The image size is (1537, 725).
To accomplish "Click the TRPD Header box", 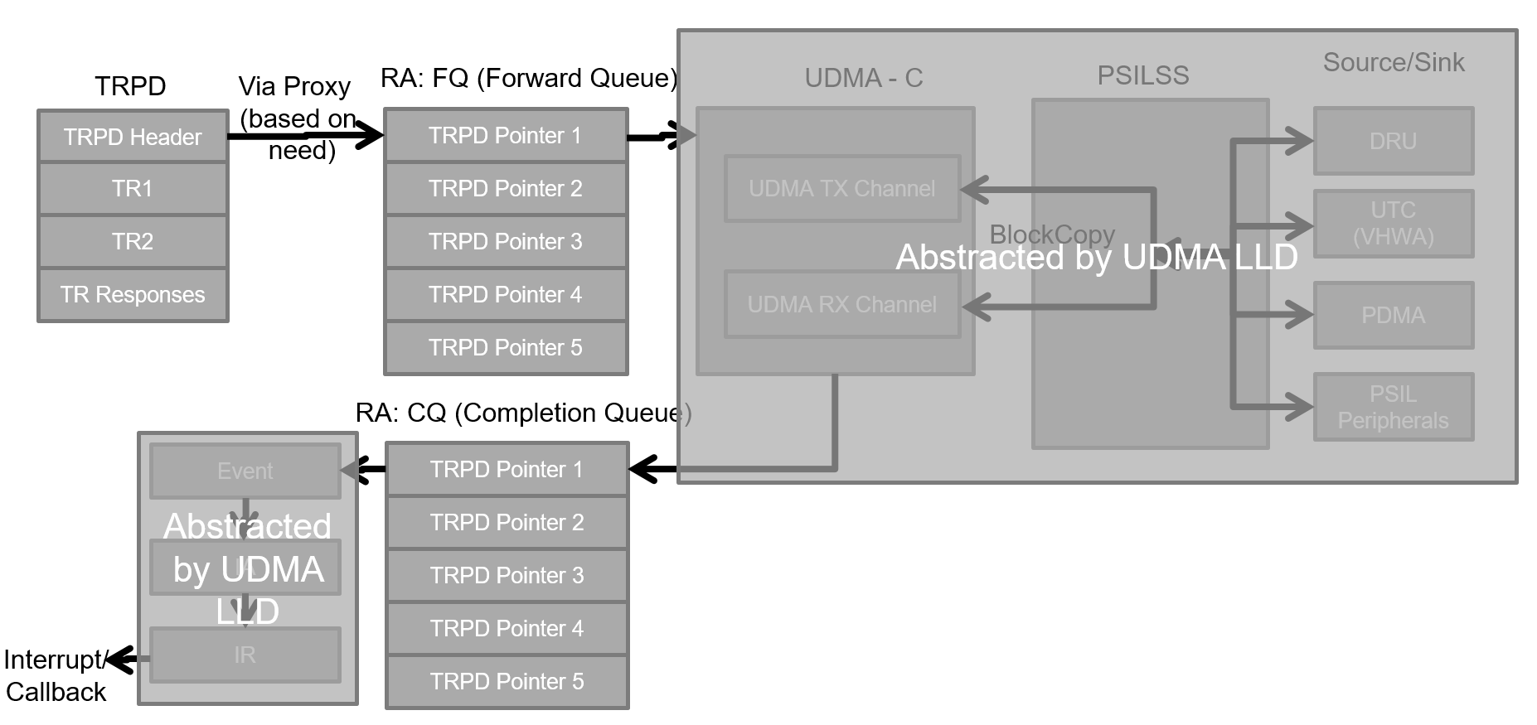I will point(133,137).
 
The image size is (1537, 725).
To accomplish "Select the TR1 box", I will point(133,189).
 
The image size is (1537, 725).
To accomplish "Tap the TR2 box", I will point(133,241).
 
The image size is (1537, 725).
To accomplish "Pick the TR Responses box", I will point(133,294).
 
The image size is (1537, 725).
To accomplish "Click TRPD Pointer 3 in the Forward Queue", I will point(506,241).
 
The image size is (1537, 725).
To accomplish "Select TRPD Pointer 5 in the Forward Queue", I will point(506,347).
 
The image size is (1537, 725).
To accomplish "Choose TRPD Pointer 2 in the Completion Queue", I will point(507,522).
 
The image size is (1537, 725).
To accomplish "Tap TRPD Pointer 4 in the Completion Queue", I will point(507,628).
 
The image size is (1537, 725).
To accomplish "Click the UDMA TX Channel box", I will point(842,189).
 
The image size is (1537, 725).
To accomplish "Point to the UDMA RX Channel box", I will point(842,305).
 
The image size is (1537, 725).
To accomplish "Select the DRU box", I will point(1393,141).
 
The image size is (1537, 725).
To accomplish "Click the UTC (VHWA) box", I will point(1393,224).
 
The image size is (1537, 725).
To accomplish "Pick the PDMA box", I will point(1393,315).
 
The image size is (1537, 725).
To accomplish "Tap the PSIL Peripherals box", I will point(1393,407).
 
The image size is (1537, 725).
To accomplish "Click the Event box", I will point(245,471).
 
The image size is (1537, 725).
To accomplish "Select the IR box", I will point(245,655).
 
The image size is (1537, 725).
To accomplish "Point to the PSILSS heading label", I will point(1143,75).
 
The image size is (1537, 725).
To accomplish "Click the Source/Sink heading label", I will point(1394,62).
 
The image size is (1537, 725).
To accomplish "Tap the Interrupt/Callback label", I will point(56,675).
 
